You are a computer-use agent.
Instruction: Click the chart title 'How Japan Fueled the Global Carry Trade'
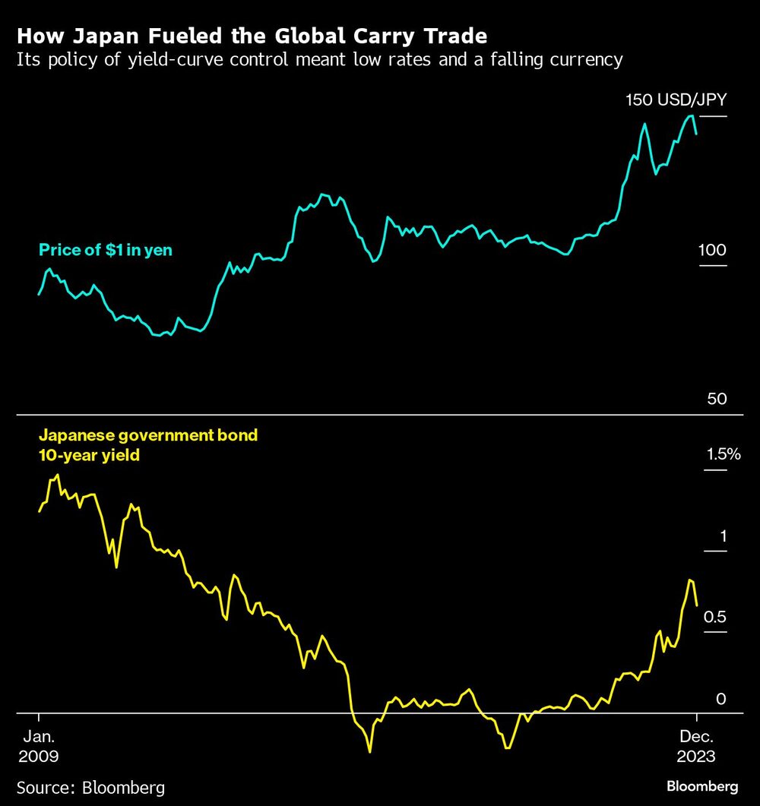click(252, 36)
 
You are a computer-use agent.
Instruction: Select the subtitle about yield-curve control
click(319, 60)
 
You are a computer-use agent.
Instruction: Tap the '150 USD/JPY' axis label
click(676, 100)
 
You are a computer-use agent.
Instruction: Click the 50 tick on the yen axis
click(717, 399)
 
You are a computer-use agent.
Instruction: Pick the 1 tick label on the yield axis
click(724, 536)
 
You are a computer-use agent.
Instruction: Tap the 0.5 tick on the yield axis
click(717, 617)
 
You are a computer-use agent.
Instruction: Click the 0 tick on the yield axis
click(722, 699)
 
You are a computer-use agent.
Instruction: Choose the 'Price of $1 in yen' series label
click(106, 250)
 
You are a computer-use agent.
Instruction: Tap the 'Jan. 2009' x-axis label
click(38, 747)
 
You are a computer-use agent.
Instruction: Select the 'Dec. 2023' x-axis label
click(696, 747)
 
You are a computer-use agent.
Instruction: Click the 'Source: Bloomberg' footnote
click(90, 787)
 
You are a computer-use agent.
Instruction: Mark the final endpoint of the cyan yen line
click(697, 134)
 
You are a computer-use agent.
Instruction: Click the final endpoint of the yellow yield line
click(697, 605)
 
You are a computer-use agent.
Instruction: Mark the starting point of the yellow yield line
click(39, 511)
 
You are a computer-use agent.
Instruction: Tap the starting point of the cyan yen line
click(39, 294)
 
